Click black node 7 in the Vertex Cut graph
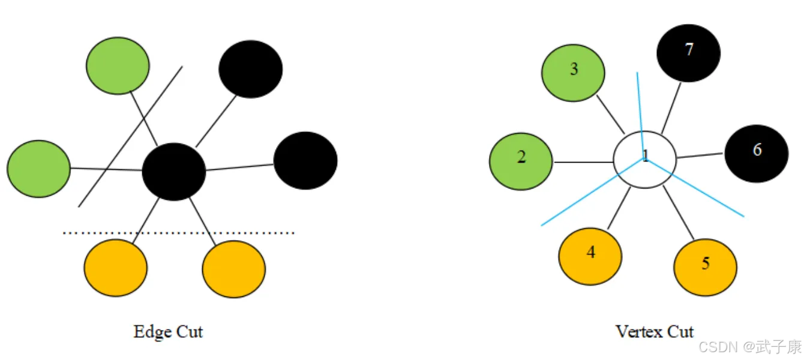point(688,53)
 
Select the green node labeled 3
point(573,73)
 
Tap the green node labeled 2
point(521,161)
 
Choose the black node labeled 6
point(756,154)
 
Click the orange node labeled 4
point(590,256)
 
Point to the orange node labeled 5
point(706,267)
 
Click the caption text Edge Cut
point(168,332)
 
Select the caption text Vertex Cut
point(654,331)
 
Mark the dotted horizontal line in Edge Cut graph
point(180,232)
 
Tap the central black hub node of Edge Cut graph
point(174,172)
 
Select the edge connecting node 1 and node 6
point(700,155)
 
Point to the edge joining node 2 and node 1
point(582,162)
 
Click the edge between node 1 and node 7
point(671,108)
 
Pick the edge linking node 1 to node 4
point(619,207)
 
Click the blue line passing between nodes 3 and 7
point(640,102)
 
